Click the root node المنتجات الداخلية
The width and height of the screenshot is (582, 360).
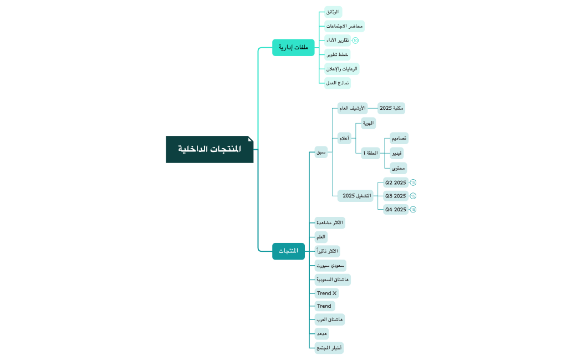210,149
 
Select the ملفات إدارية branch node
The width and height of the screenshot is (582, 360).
293,48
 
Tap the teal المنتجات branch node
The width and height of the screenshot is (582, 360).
288,251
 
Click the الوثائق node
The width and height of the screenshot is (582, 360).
333,12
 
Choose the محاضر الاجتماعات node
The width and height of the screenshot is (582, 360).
344,26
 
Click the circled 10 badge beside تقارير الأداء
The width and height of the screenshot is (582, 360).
355,40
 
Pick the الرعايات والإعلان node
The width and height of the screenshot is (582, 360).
341,69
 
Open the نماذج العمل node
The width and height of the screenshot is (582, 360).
338,83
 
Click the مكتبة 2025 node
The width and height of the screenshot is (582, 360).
391,108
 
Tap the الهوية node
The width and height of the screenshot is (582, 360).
368,123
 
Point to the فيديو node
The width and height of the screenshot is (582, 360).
396,153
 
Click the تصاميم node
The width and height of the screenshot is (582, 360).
399,138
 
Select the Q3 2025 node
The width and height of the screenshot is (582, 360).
396,196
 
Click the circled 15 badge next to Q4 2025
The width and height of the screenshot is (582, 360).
413,209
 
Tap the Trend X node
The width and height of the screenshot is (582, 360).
326,293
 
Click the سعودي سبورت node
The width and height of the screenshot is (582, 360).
330,266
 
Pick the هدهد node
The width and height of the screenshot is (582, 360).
321,334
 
